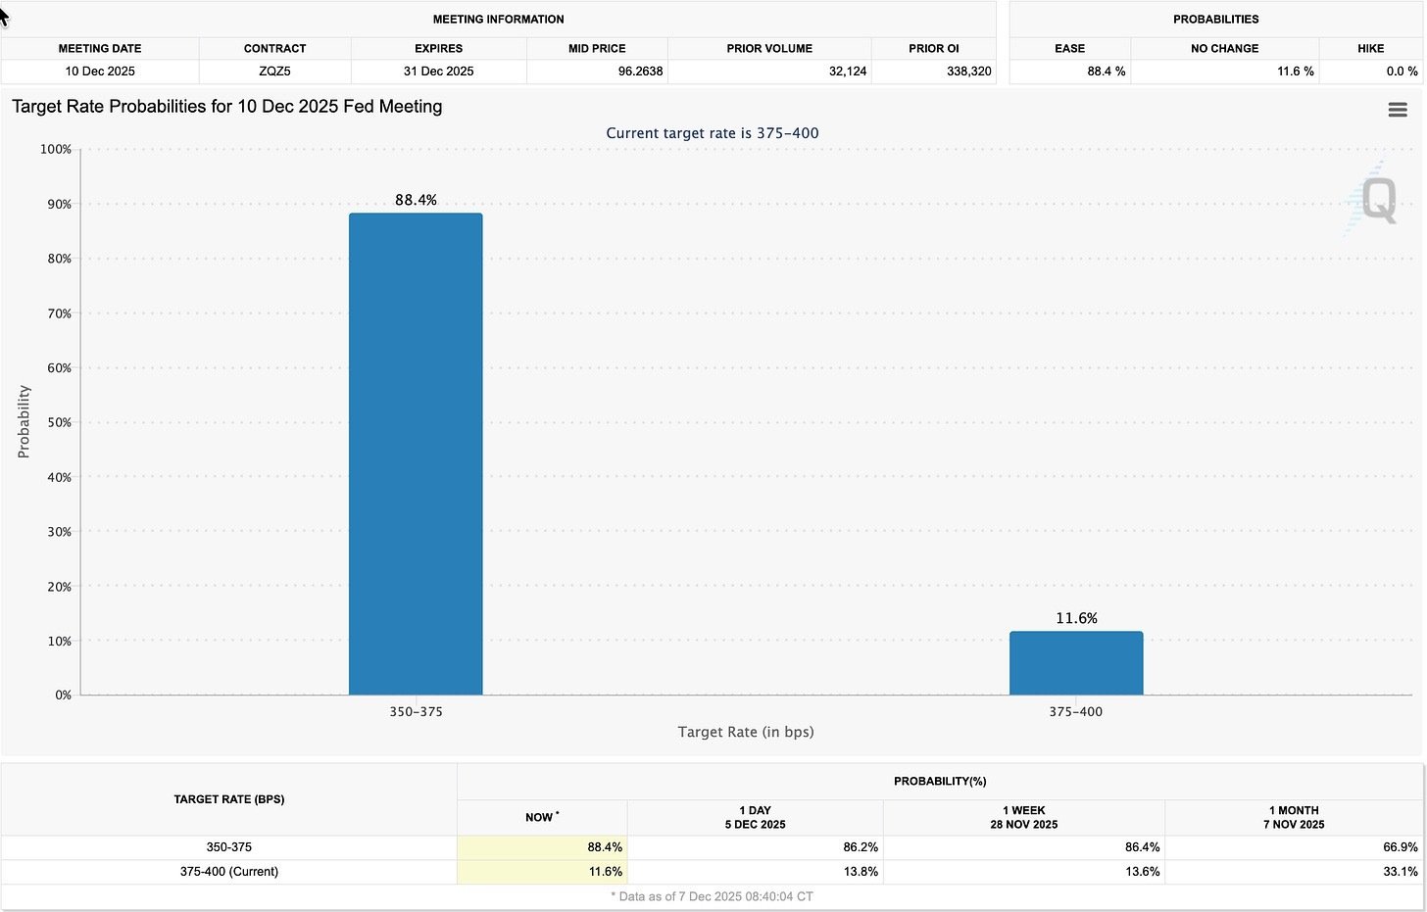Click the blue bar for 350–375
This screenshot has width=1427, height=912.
pyautogui.click(x=416, y=454)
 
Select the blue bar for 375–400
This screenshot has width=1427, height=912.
pyautogui.click(x=1076, y=663)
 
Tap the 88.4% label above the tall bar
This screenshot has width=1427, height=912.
pyautogui.click(x=416, y=200)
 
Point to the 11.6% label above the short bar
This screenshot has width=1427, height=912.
pyautogui.click(x=1076, y=618)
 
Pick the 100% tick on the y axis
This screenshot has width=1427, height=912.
pyautogui.click(x=56, y=149)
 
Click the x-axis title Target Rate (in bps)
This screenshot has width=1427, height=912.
pyautogui.click(x=745, y=732)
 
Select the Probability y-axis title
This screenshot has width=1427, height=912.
pyautogui.click(x=24, y=421)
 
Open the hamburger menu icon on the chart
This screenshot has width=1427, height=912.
pyautogui.click(x=1398, y=110)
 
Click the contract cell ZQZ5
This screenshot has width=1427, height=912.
pyautogui.click(x=274, y=72)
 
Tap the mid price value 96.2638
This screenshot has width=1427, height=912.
pyautogui.click(x=640, y=72)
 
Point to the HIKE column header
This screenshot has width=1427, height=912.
pyautogui.click(x=1370, y=48)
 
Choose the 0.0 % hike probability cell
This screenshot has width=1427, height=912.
pyautogui.click(x=1402, y=72)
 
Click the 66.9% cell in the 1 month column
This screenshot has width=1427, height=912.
pyautogui.click(x=1400, y=847)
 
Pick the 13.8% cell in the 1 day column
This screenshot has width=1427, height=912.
pyautogui.click(x=860, y=872)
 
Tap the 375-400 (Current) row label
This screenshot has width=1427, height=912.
pyautogui.click(x=228, y=872)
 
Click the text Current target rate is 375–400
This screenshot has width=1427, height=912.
pyautogui.click(x=712, y=133)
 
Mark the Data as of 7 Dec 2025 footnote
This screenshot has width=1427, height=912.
pyautogui.click(x=712, y=896)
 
